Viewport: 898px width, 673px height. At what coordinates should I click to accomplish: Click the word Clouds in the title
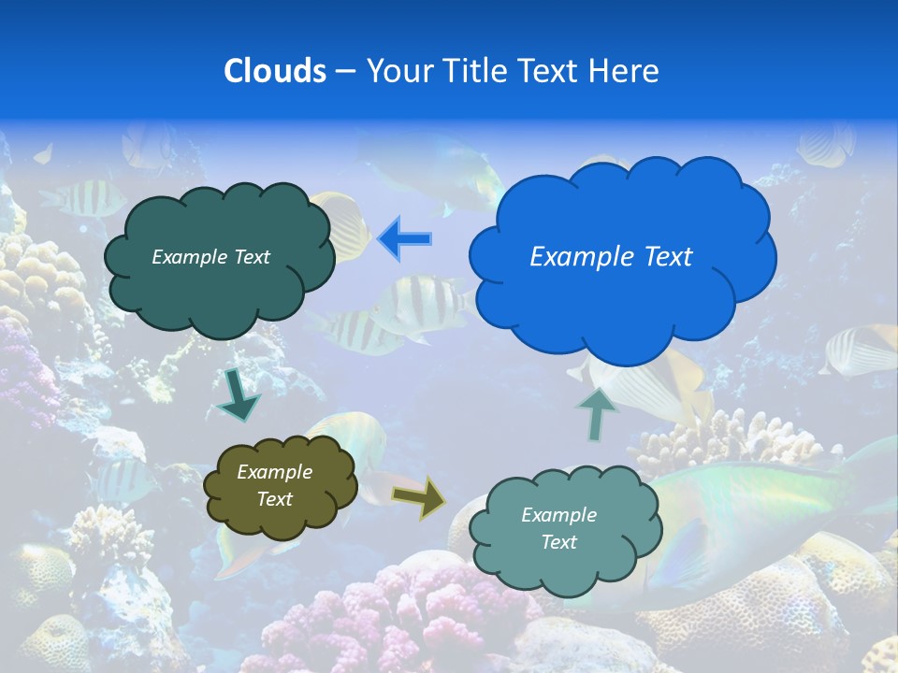click(274, 71)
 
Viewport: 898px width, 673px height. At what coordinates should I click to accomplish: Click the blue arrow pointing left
click(405, 239)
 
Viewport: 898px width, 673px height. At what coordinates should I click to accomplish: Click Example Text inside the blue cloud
click(611, 257)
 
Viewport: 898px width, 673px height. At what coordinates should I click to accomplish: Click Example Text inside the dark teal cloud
click(210, 257)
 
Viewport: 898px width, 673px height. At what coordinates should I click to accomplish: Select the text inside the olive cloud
click(275, 486)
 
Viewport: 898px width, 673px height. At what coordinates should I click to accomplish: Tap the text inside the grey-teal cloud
click(558, 528)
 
